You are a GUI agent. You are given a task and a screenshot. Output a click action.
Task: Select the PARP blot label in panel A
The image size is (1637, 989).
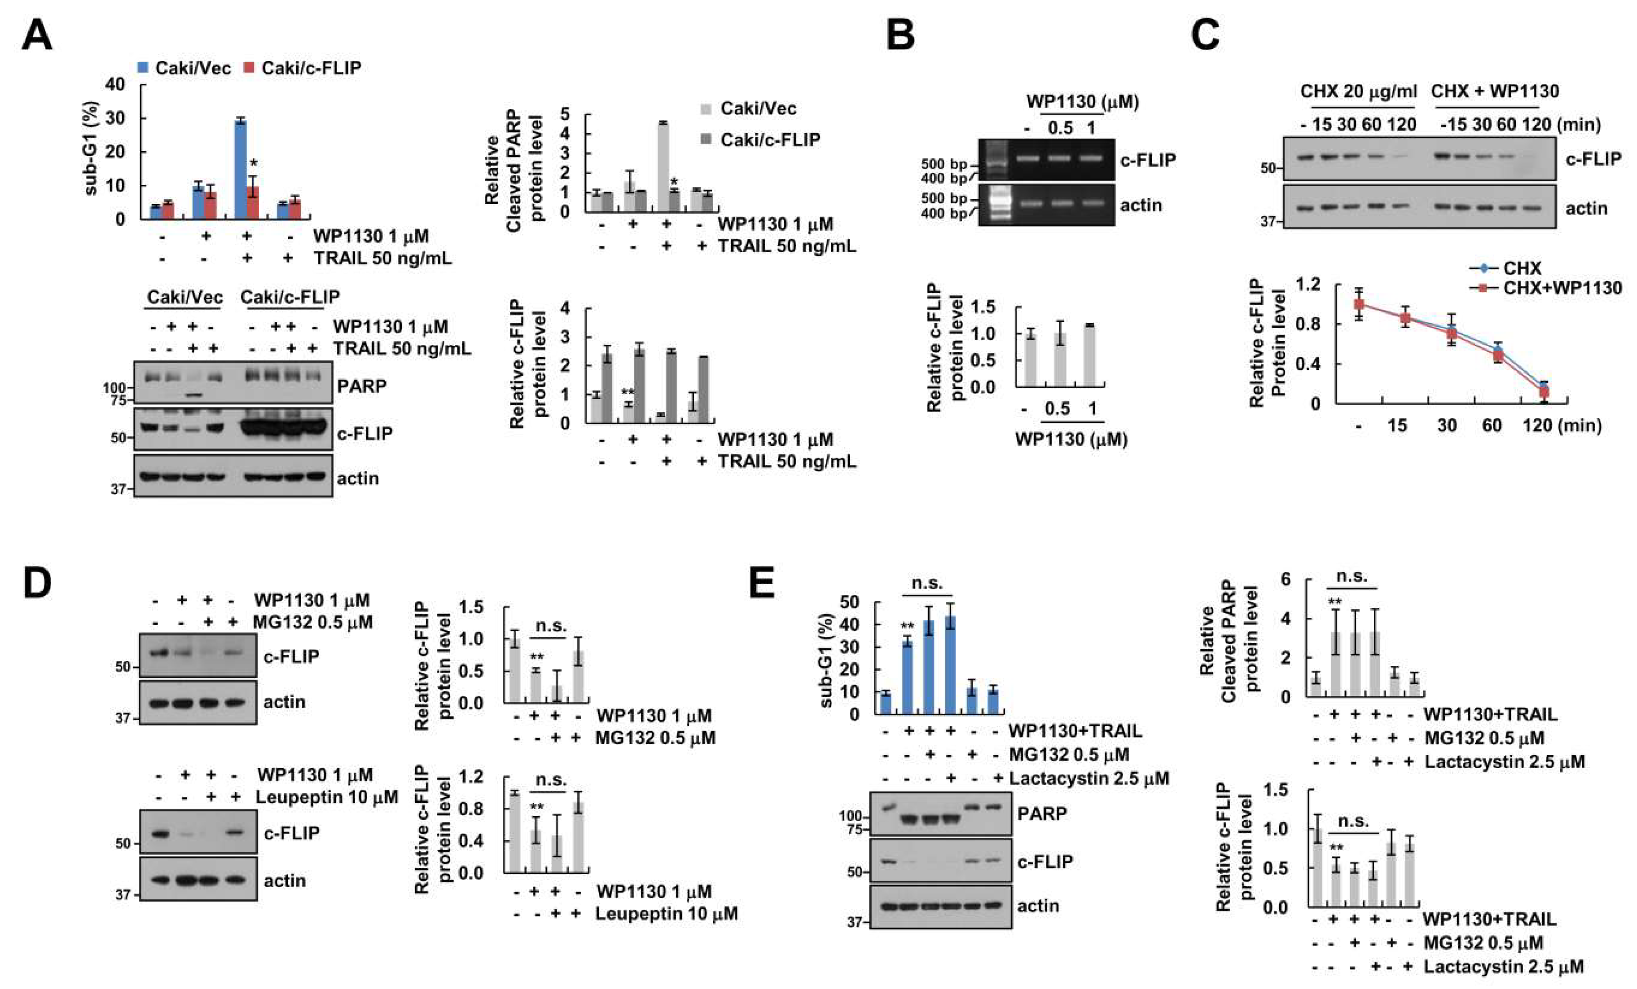pyautogui.click(x=361, y=386)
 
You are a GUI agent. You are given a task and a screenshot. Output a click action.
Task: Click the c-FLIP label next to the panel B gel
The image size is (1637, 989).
pyautogui.click(x=1147, y=160)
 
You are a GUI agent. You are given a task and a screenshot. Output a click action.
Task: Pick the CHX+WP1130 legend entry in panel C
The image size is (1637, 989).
pyautogui.click(x=1555, y=288)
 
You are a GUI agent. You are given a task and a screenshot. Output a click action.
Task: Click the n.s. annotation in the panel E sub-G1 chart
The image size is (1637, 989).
pyautogui.click(x=926, y=583)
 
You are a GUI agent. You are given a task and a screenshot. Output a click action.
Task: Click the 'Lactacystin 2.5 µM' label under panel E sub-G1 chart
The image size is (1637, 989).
pyautogui.click(x=1089, y=778)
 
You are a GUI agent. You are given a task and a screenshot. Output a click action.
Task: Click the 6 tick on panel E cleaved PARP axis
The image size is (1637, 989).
pyautogui.click(x=1286, y=579)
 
